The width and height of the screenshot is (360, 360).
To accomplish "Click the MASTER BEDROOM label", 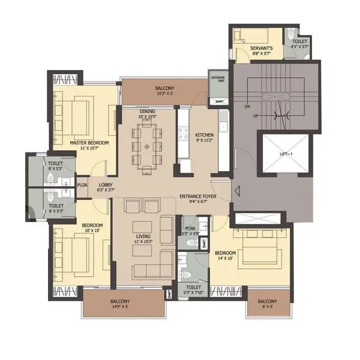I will (x=89, y=143).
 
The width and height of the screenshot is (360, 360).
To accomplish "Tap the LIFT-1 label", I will (x=285, y=154).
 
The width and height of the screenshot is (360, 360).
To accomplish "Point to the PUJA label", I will (x=82, y=185).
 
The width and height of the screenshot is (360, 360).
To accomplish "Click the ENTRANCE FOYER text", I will (x=197, y=197).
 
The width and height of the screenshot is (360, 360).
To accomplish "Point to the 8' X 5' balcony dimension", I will (x=267, y=307).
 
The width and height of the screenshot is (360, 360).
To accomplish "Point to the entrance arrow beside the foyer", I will (x=238, y=193).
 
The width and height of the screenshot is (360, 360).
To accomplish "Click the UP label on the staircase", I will (x=254, y=115).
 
